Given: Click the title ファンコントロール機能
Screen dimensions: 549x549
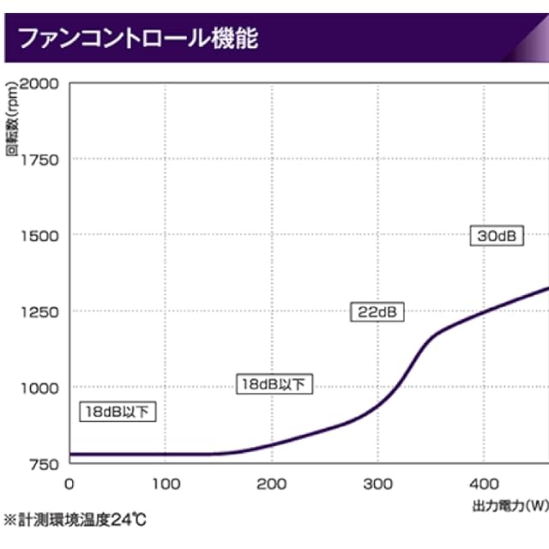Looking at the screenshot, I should [138, 39].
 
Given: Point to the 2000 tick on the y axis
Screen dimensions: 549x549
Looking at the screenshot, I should [39, 83].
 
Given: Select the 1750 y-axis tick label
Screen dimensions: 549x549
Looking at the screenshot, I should [39, 159].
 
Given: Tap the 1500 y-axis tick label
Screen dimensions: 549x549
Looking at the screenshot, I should [39, 235].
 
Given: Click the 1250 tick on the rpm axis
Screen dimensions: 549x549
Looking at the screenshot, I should [39, 311].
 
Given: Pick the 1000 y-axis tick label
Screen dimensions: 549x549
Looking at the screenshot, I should [39, 387].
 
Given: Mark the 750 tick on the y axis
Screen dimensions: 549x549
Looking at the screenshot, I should [43, 463].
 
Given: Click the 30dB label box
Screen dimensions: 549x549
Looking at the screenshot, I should [497, 236].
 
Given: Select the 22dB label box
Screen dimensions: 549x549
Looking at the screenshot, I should [377, 312].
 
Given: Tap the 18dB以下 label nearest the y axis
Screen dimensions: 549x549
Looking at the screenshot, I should [118, 412].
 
